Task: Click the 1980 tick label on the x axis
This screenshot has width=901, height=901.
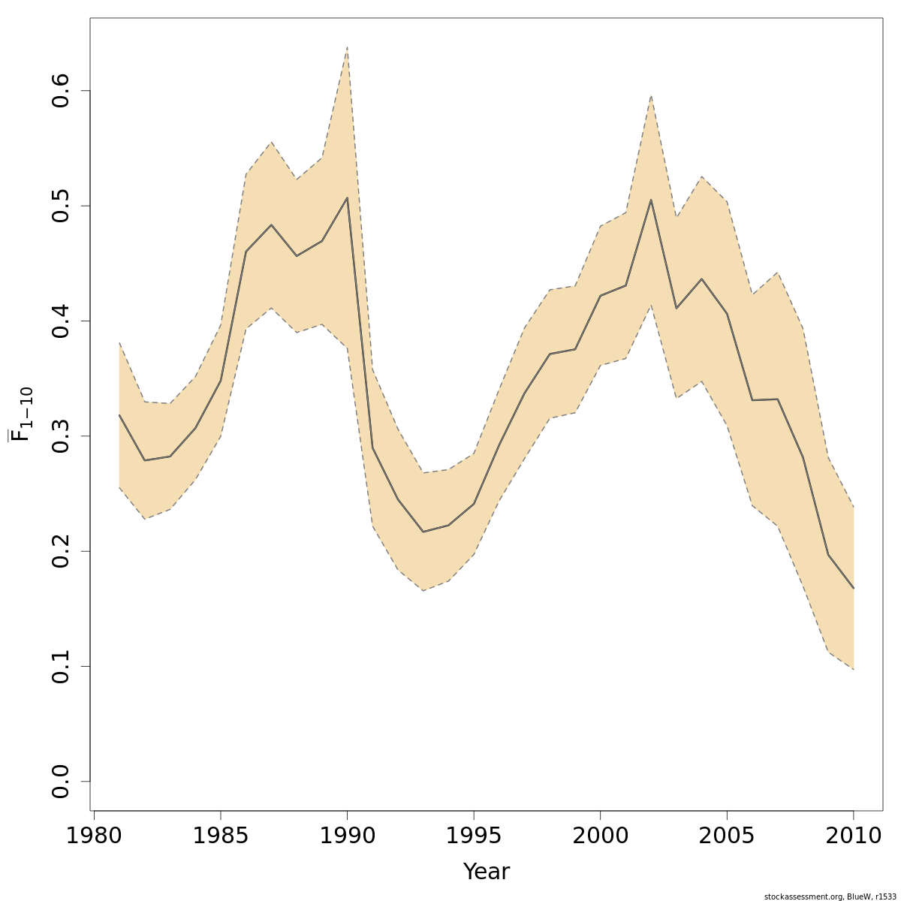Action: tap(94, 836)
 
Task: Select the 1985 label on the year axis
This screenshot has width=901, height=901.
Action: tap(221, 836)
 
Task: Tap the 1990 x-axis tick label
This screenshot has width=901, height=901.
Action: tap(347, 836)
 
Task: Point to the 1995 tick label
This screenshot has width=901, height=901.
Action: tap(474, 836)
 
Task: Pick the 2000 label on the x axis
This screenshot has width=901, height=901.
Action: tap(601, 836)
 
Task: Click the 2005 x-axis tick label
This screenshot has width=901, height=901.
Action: tap(727, 836)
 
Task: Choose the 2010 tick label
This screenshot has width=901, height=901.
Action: tap(854, 836)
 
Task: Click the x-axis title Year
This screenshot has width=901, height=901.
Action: tap(487, 872)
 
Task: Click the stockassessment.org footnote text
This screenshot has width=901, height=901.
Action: tap(829, 896)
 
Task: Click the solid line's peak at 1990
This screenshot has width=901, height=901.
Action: tap(347, 197)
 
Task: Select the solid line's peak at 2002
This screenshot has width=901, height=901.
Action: tap(651, 200)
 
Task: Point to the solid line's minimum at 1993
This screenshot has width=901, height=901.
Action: tap(423, 532)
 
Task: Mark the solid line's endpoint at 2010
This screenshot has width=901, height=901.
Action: tap(854, 588)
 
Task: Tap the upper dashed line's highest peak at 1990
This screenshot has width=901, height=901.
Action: tap(347, 47)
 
